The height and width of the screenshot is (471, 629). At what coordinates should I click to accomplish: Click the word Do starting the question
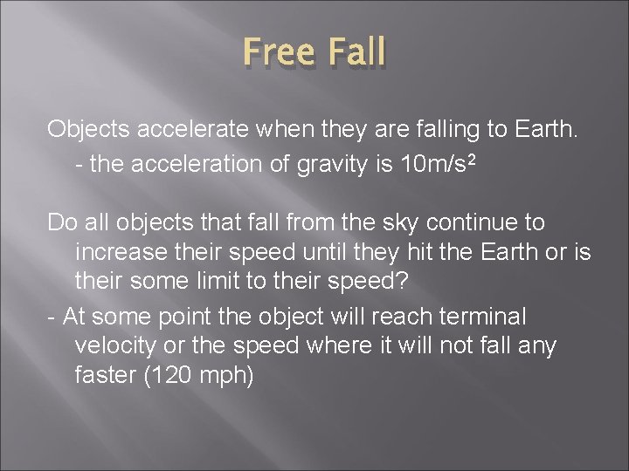[62, 222]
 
